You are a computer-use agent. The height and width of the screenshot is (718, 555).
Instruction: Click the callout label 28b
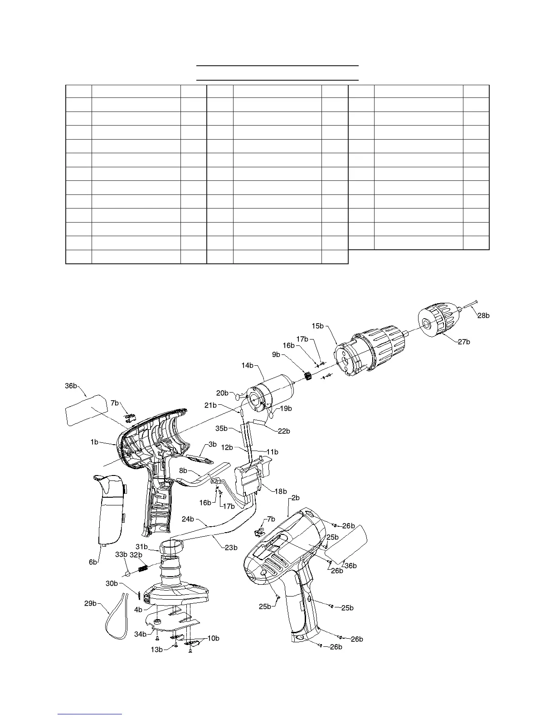[484, 315]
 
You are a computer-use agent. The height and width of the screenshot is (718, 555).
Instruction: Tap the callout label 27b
[464, 342]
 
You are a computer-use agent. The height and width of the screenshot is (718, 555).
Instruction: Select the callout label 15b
[318, 325]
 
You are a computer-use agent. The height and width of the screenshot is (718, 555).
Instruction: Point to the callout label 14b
[248, 365]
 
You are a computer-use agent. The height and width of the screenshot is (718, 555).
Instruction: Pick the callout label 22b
[284, 431]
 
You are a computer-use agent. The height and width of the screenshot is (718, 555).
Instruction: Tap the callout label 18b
[281, 491]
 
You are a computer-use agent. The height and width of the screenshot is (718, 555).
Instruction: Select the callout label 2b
[295, 498]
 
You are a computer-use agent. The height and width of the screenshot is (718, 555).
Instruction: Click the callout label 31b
[142, 547]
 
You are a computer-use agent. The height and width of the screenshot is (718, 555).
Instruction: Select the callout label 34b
[140, 634]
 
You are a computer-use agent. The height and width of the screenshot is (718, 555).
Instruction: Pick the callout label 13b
[156, 650]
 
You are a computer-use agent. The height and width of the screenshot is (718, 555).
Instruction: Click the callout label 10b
[213, 638]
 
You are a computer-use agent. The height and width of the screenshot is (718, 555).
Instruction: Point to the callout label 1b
[94, 442]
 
